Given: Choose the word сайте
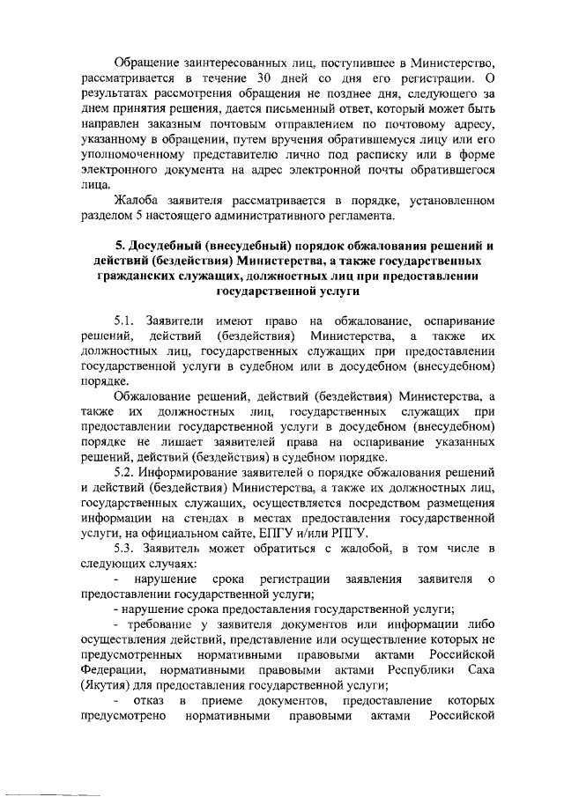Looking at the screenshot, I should point(253,534).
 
